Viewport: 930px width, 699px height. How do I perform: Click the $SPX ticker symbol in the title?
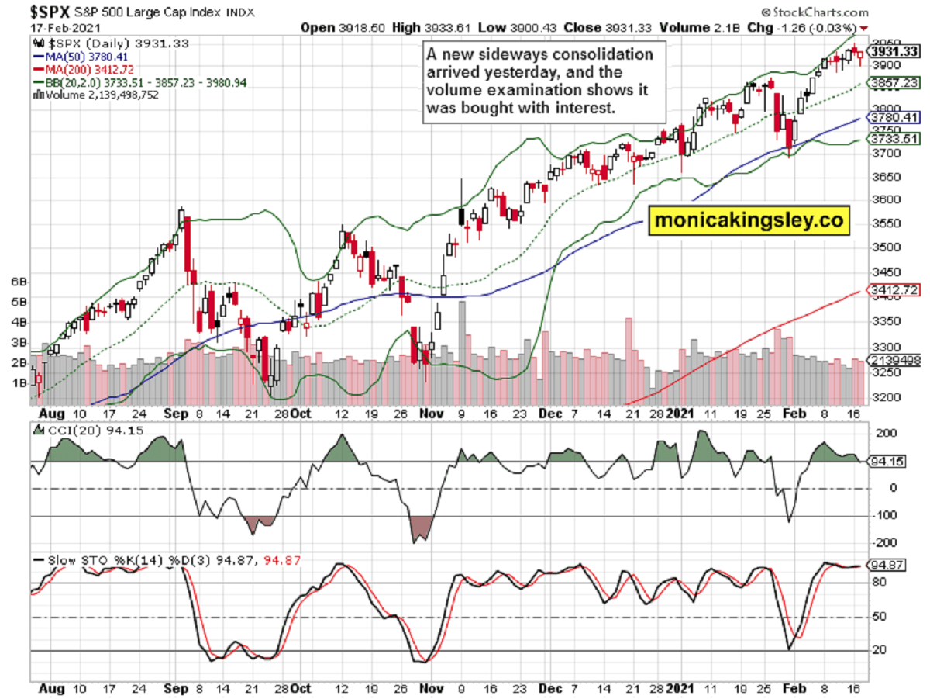click(51, 12)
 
